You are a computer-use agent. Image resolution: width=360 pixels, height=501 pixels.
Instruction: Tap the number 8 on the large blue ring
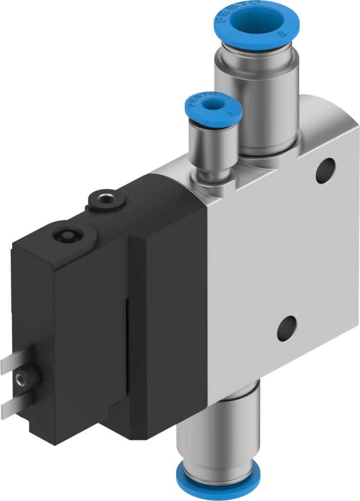click(x=280, y=35)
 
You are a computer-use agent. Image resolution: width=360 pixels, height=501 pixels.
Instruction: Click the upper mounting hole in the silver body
click(x=326, y=170)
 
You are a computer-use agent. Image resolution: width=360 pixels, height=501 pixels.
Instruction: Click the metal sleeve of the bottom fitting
click(x=220, y=431)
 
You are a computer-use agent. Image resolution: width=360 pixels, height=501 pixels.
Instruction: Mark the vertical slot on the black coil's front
click(x=128, y=352)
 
